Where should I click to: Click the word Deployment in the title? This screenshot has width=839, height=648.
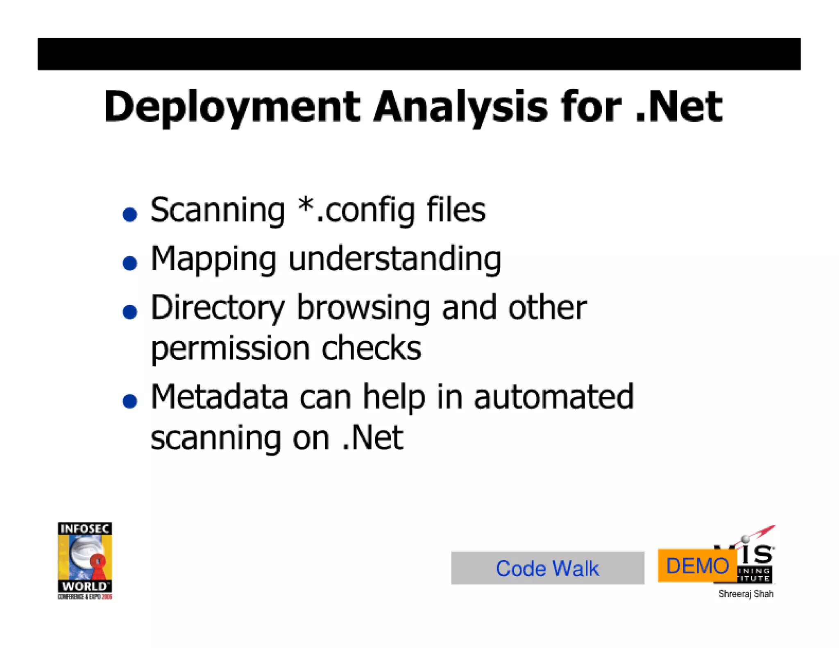tap(232, 107)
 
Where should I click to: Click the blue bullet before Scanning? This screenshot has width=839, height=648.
tap(130, 214)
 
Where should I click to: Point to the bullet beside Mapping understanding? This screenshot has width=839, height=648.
tap(130, 263)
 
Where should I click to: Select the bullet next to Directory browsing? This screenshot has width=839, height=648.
tap(130, 312)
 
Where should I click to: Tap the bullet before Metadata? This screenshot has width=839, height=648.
tap(130, 401)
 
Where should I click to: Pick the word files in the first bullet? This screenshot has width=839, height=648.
tap(456, 210)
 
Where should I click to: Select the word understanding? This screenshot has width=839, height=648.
tap(395, 259)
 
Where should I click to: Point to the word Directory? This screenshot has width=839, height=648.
tap(217, 308)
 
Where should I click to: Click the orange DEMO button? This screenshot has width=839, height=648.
tap(697, 566)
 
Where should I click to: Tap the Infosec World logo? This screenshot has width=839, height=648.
tap(85, 560)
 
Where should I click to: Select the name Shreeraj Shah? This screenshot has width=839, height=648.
tap(746, 594)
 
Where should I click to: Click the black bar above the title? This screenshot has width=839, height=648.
tap(419, 54)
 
